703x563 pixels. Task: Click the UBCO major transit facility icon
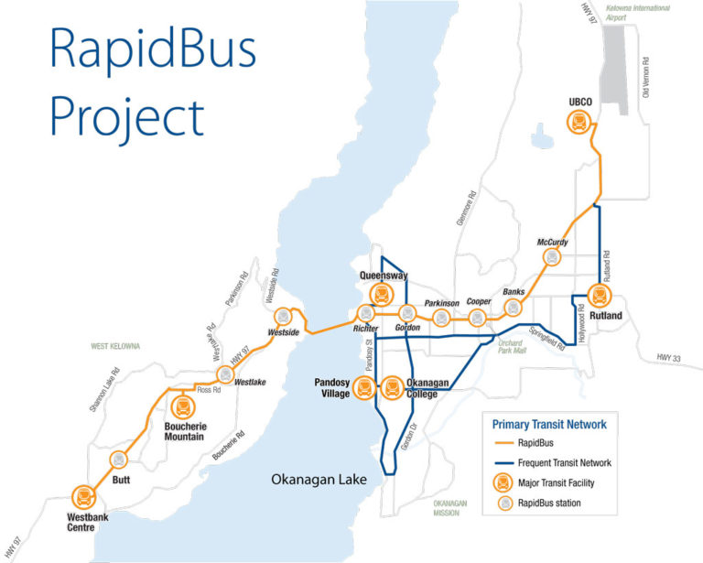coord(579,121)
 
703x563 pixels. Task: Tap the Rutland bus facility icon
coord(600,296)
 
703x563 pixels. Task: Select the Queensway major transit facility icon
coord(383,294)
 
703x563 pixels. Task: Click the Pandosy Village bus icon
coord(364,387)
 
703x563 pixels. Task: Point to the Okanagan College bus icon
coord(392,387)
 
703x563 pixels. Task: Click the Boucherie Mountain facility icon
coord(183,406)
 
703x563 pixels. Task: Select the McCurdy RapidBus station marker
coord(551,257)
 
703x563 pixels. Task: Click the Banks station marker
coord(514,308)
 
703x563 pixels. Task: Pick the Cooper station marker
coord(477,318)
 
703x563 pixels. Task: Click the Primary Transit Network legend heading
coord(549,424)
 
